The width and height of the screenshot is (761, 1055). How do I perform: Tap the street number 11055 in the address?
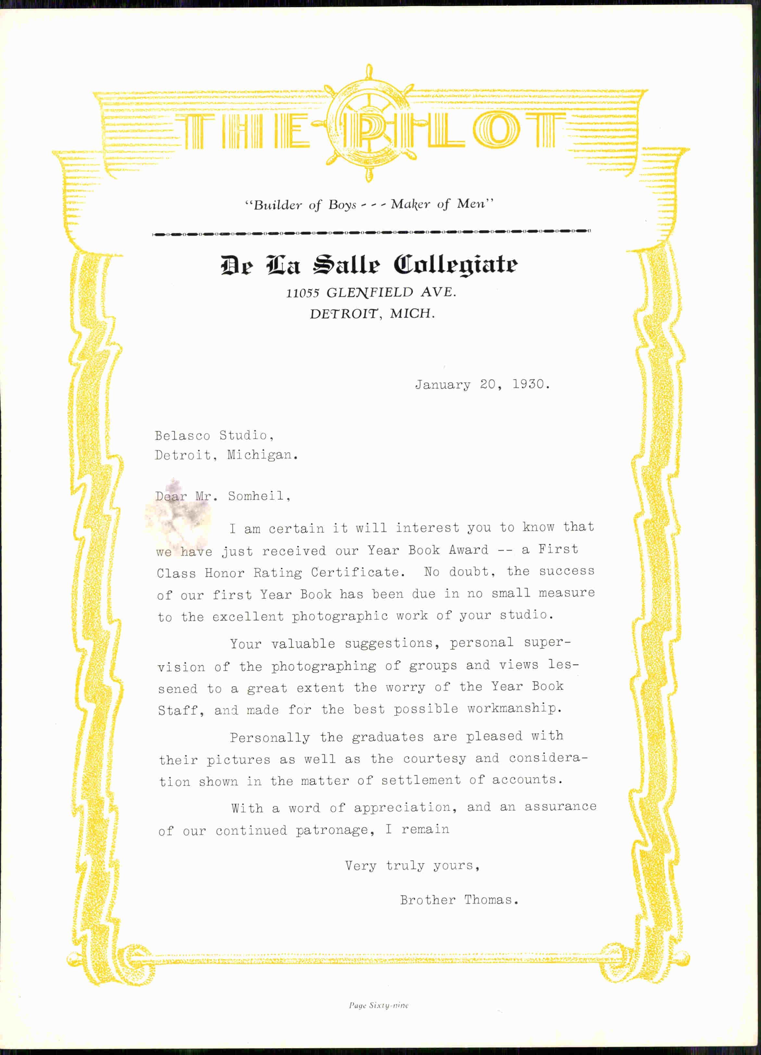point(303,293)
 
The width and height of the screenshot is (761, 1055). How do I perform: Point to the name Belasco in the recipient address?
point(182,436)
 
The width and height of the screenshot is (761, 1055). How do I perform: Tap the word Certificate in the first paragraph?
point(355,572)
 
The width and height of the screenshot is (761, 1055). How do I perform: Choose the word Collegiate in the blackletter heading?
point(455,265)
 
